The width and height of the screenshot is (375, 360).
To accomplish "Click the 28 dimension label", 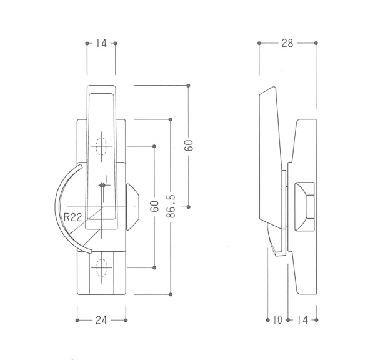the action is (x=287, y=43).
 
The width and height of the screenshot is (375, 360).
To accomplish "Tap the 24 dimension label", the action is (x=101, y=320).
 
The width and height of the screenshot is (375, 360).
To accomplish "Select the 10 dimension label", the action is (x=277, y=320).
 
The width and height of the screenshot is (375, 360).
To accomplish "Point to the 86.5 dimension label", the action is (x=171, y=206).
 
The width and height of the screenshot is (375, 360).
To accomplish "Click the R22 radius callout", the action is (x=73, y=217).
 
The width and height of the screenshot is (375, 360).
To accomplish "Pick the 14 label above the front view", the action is (x=101, y=44).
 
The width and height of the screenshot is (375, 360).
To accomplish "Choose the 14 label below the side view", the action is (x=302, y=320).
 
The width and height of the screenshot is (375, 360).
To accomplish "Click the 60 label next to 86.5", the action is (x=155, y=206).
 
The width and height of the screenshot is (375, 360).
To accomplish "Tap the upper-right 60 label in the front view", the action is (x=189, y=145).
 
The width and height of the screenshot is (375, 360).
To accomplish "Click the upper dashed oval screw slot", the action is (x=101, y=146).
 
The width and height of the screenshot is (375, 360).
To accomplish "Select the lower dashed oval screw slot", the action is (x=101, y=267).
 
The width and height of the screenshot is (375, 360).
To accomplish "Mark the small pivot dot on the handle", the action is (x=102, y=185).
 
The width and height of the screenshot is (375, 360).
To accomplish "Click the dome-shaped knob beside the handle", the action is (x=132, y=207).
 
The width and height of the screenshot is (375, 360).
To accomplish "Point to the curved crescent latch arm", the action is (x=69, y=208).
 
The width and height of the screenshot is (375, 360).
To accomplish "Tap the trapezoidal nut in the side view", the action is (x=305, y=207).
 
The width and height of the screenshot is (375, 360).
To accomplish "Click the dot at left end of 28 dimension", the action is (x=259, y=43).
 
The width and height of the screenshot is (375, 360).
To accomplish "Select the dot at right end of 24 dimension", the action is (x=126, y=320).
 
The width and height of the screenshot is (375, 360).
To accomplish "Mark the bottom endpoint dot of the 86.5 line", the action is (x=171, y=294).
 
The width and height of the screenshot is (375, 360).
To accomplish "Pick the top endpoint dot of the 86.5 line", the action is (x=170, y=119).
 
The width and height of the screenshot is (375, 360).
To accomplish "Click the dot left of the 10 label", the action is (x=267, y=320).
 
